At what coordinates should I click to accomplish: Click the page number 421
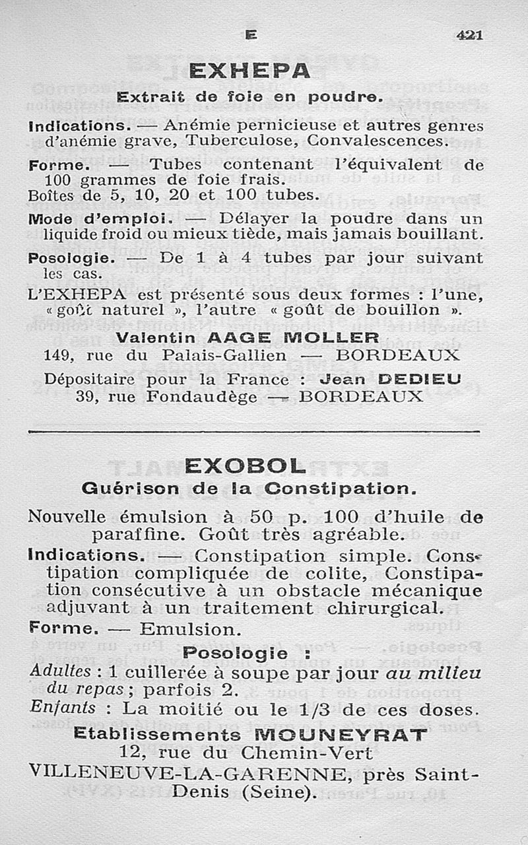(469, 35)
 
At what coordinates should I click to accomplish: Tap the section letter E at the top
(250, 36)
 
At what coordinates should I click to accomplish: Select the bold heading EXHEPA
(249, 71)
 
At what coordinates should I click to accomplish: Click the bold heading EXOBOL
(246, 467)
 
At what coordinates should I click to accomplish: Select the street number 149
(57, 355)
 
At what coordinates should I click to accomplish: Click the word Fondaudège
(201, 397)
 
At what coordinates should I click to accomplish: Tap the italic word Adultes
(61, 671)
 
